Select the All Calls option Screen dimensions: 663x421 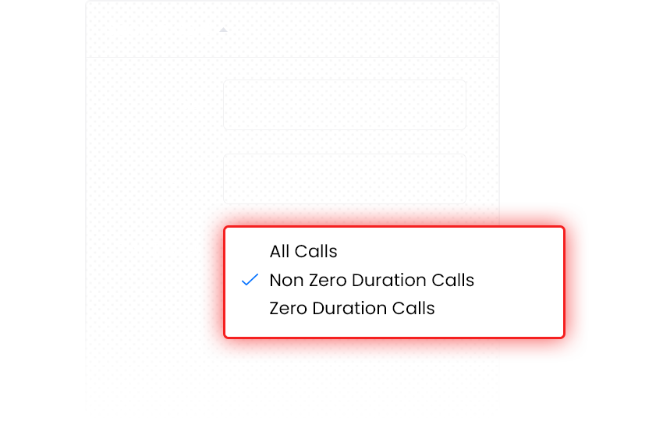pos(303,252)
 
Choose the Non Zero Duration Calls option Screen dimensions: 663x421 pos(371,280)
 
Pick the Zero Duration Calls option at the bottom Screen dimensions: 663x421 pos(352,309)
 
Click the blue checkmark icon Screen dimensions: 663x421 pos(250,280)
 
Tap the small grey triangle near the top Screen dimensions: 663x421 pos(223,30)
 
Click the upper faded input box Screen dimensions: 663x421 pos(345,104)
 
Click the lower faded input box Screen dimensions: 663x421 pos(345,179)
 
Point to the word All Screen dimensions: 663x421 pos(279,252)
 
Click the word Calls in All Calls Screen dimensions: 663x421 pos(316,252)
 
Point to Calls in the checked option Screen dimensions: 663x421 pos(453,280)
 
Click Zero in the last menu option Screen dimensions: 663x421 pos(289,309)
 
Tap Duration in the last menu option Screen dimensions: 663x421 pos(349,309)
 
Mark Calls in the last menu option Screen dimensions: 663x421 pos(413,309)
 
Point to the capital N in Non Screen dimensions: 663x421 pos(275,280)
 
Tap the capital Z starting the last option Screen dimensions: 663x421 pos(275,309)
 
